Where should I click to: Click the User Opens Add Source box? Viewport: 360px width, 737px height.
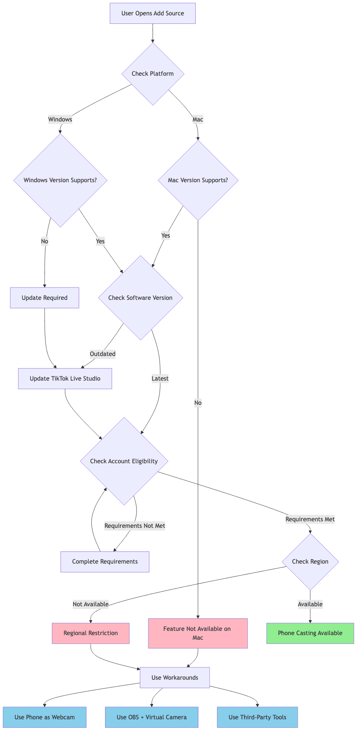tap(153, 13)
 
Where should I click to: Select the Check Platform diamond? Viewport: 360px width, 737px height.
tap(153, 73)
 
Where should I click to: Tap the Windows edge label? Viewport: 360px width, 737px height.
tap(60, 119)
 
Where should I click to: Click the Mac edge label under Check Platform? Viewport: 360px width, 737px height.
tap(198, 119)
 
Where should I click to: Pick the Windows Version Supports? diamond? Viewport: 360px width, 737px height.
tap(60, 180)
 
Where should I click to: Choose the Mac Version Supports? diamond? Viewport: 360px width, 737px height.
tap(198, 180)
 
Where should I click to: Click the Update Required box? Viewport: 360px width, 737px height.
tap(45, 298)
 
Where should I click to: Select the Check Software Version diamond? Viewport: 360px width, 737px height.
tap(140, 298)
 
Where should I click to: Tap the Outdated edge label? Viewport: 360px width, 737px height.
tap(103, 354)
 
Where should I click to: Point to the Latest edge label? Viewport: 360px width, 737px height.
tap(160, 378)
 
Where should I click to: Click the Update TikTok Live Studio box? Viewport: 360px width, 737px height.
tap(65, 379)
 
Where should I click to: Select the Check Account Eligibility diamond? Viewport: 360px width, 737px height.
tap(124, 461)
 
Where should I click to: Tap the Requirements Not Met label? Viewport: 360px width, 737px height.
tap(135, 526)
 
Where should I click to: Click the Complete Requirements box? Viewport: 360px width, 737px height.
tap(105, 562)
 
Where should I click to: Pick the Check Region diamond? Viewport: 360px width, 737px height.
tap(310, 561)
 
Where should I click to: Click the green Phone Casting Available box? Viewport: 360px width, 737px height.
tap(310, 633)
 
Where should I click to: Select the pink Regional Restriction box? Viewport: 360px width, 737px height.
tap(91, 633)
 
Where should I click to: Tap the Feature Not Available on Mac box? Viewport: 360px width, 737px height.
tap(198, 633)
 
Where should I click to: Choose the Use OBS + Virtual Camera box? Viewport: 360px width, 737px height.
tap(152, 717)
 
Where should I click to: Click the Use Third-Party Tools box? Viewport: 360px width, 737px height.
tap(257, 717)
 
